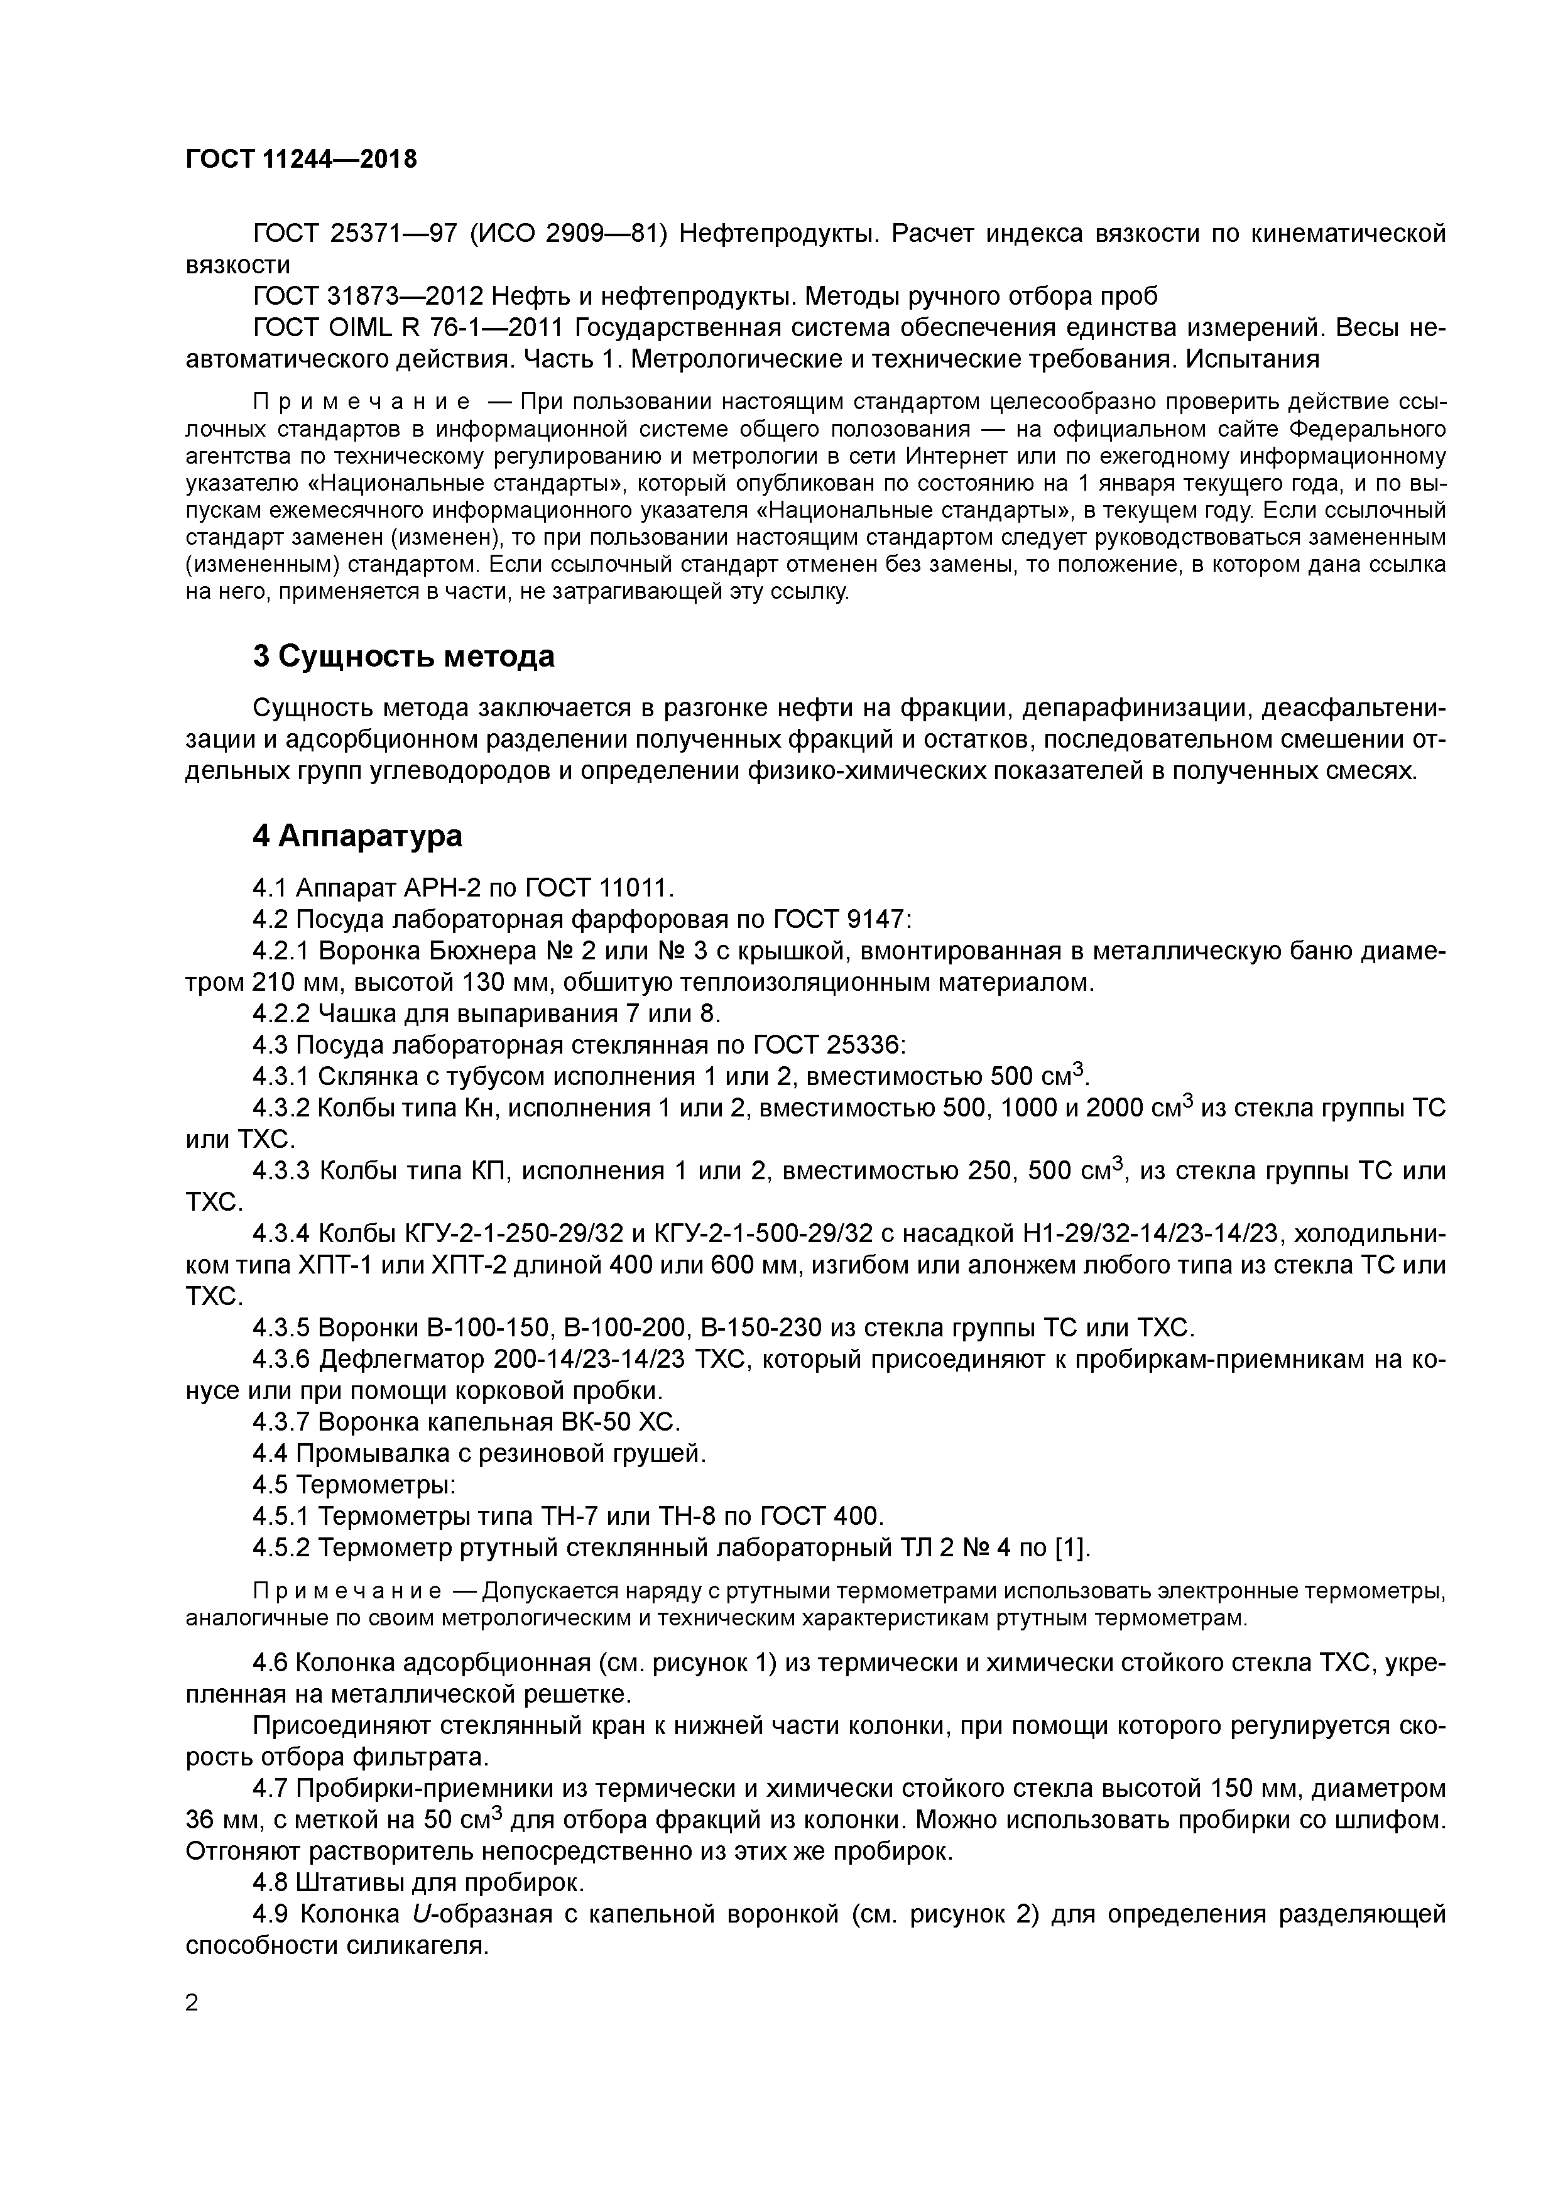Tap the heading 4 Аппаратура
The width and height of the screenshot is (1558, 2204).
357,836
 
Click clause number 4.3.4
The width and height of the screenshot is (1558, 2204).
280,1233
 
